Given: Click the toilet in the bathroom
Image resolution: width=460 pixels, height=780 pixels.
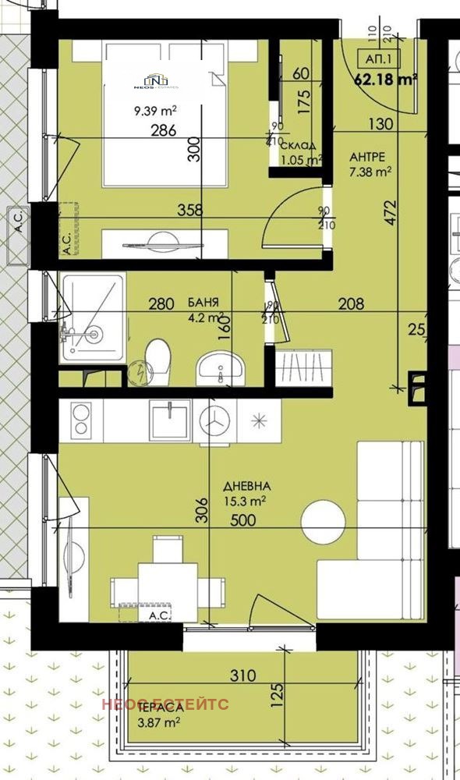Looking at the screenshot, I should click(x=160, y=358).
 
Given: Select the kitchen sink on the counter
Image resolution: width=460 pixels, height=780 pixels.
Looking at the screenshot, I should click(x=170, y=420).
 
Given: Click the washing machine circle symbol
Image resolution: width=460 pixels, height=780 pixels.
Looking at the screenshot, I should click(x=216, y=420).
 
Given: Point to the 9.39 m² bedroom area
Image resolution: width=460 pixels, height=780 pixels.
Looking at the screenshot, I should click(x=151, y=110).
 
